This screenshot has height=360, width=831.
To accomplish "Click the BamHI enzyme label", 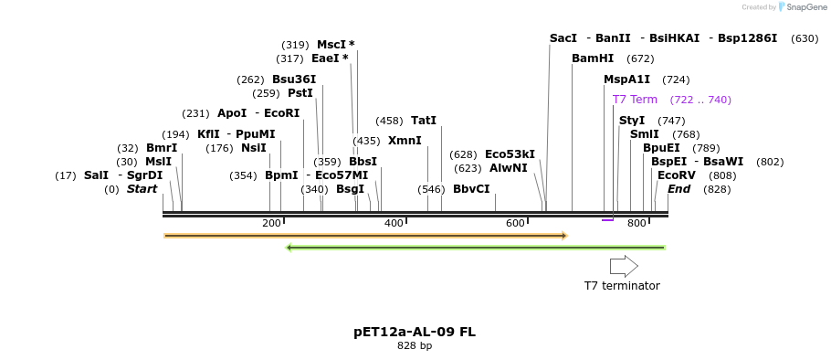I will click(593, 58).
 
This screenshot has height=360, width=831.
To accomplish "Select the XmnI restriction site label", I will click(405, 141).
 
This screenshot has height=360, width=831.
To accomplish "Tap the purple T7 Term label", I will click(635, 100).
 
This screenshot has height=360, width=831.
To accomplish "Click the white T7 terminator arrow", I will click(624, 266).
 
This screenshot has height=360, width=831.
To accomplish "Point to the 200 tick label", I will click(271, 224).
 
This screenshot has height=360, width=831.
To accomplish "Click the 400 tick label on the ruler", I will click(394, 224).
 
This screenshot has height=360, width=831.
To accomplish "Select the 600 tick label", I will click(515, 224).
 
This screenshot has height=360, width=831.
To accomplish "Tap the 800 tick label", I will click(636, 224).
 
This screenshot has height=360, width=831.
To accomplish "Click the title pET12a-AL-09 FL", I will click(415, 332).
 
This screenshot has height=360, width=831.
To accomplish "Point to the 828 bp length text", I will click(415, 346).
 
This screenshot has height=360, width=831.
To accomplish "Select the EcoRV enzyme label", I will click(677, 175).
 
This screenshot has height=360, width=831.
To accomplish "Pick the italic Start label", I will click(142, 189).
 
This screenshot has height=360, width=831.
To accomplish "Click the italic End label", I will click(678, 189).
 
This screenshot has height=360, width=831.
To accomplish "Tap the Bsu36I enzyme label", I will click(294, 79).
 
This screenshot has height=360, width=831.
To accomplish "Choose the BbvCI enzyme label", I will click(471, 189).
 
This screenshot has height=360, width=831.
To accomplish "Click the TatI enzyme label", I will click(424, 121).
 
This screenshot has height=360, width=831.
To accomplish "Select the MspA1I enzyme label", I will click(626, 79).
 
